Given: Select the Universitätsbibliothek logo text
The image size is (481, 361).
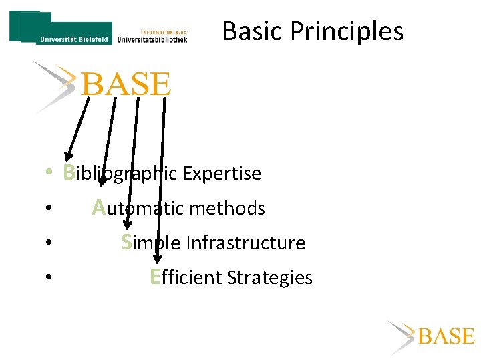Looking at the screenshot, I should (x=152, y=39).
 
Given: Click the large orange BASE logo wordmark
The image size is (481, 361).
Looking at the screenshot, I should (x=126, y=85).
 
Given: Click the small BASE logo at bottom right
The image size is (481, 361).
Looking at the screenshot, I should (x=446, y=336).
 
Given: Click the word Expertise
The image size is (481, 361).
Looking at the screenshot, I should (x=222, y=174).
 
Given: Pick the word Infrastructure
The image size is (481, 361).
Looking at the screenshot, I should (x=245, y=243).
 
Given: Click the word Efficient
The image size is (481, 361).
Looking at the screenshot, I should (x=186, y=277).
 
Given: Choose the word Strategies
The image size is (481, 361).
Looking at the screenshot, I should (x=270, y=278).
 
